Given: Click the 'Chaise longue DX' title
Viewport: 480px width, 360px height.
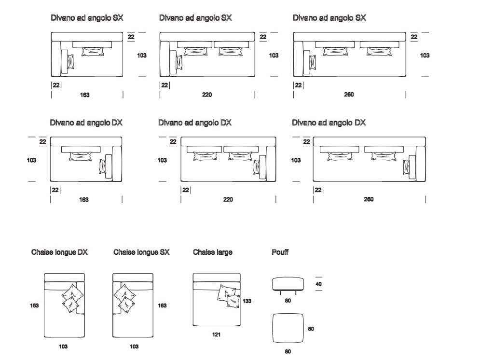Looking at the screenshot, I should point(59,252).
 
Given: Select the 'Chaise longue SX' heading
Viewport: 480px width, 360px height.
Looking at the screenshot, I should point(141,252).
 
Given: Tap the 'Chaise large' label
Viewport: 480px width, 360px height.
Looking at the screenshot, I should point(212,252).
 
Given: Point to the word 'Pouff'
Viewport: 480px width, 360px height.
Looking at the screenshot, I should point(280,252).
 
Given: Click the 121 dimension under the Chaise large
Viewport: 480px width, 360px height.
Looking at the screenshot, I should point(217,334).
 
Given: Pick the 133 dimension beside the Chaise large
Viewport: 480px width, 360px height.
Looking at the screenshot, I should point(247,301).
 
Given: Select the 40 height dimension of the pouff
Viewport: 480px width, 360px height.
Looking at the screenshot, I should point(318,284).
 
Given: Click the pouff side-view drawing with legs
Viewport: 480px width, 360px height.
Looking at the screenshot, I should point(288,284).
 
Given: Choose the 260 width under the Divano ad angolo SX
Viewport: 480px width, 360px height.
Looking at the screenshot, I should point(349,95).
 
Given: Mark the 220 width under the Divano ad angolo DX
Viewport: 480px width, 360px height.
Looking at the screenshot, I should point(228,199).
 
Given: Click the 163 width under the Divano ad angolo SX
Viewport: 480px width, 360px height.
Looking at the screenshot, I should point(85,95).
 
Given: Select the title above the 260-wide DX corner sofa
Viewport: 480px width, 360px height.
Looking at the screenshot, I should point(329,123).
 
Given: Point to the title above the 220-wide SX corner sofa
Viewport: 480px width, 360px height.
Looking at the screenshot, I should point(195,18).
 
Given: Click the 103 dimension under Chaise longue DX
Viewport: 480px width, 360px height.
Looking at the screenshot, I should point(63,346).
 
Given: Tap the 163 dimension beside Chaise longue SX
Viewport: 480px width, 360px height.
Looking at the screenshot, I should point(163,305).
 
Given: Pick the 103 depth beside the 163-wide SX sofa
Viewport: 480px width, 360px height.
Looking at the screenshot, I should point(141,55).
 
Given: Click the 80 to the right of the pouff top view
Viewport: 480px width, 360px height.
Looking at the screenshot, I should point(311,329).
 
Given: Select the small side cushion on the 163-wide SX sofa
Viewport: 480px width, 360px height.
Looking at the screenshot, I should point(70,62).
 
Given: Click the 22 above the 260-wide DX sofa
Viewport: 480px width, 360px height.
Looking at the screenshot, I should point(306,142).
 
